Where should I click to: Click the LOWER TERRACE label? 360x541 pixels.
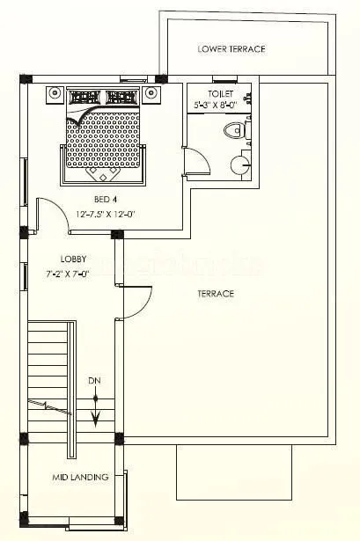pos(231,49)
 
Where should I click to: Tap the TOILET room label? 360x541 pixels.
pos(221,93)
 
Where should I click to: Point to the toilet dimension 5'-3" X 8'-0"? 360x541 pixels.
pos(221,105)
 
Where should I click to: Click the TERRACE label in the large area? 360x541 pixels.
pos(216,293)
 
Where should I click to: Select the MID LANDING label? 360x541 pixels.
pos(79,478)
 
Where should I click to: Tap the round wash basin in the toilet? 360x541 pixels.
pos(239,163)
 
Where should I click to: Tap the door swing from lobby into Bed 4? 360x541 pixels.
pos(55,215)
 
